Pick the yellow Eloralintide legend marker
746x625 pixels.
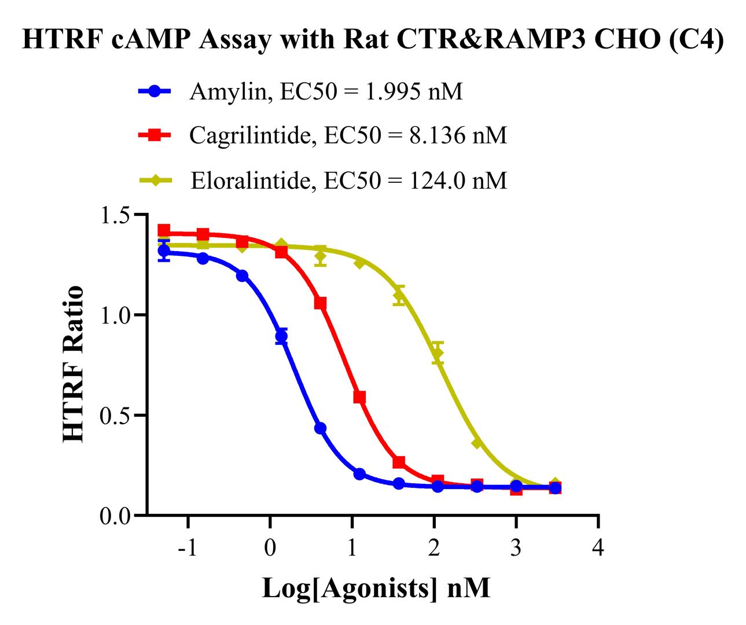tap(155, 181)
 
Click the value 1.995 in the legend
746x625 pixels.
tap(392, 91)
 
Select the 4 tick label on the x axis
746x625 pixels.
tap(598, 547)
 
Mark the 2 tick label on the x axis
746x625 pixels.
tap(434, 547)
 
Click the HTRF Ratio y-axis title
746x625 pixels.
tap(73, 365)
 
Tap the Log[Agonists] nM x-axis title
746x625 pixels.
tap(376, 589)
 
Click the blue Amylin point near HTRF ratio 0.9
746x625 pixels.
tap(281, 336)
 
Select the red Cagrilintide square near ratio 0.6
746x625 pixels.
tap(359, 397)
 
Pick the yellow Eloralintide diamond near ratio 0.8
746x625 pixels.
tap(438, 353)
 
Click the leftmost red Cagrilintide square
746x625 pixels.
tap(164, 230)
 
